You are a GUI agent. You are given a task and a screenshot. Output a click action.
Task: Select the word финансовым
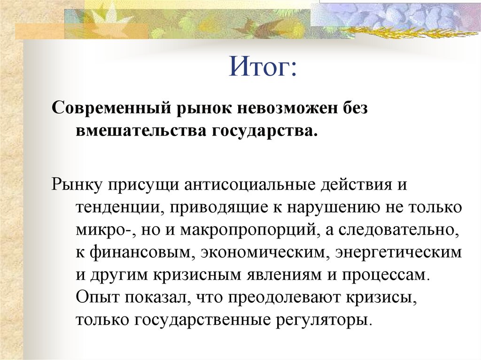(x=140, y=253)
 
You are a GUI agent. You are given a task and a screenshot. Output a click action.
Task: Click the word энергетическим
(x=398, y=253)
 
